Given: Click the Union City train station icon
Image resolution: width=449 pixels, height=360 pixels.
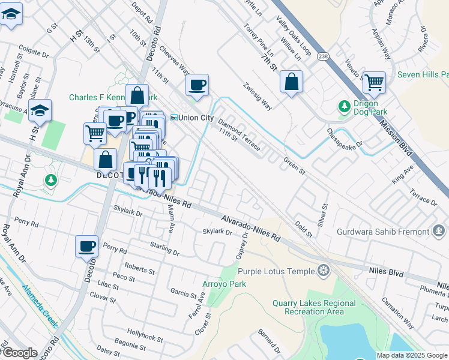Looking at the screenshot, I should [x=174, y=118].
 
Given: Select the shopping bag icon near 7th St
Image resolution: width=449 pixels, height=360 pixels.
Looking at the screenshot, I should [x=291, y=82].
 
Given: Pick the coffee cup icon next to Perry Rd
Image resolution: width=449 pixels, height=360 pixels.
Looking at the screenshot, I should [x=87, y=246].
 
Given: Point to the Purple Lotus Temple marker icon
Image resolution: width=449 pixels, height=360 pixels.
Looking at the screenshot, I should [x=324, y=271].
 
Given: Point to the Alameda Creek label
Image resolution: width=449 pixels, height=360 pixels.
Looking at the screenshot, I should [x=40, y=305].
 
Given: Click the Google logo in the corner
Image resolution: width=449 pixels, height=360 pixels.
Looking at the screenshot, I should [x=19, y=353].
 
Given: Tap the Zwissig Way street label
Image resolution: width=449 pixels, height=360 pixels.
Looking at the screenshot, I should [x=257, y=97].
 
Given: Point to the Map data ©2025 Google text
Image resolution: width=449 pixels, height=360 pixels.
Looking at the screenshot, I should [x=412, y=355].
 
